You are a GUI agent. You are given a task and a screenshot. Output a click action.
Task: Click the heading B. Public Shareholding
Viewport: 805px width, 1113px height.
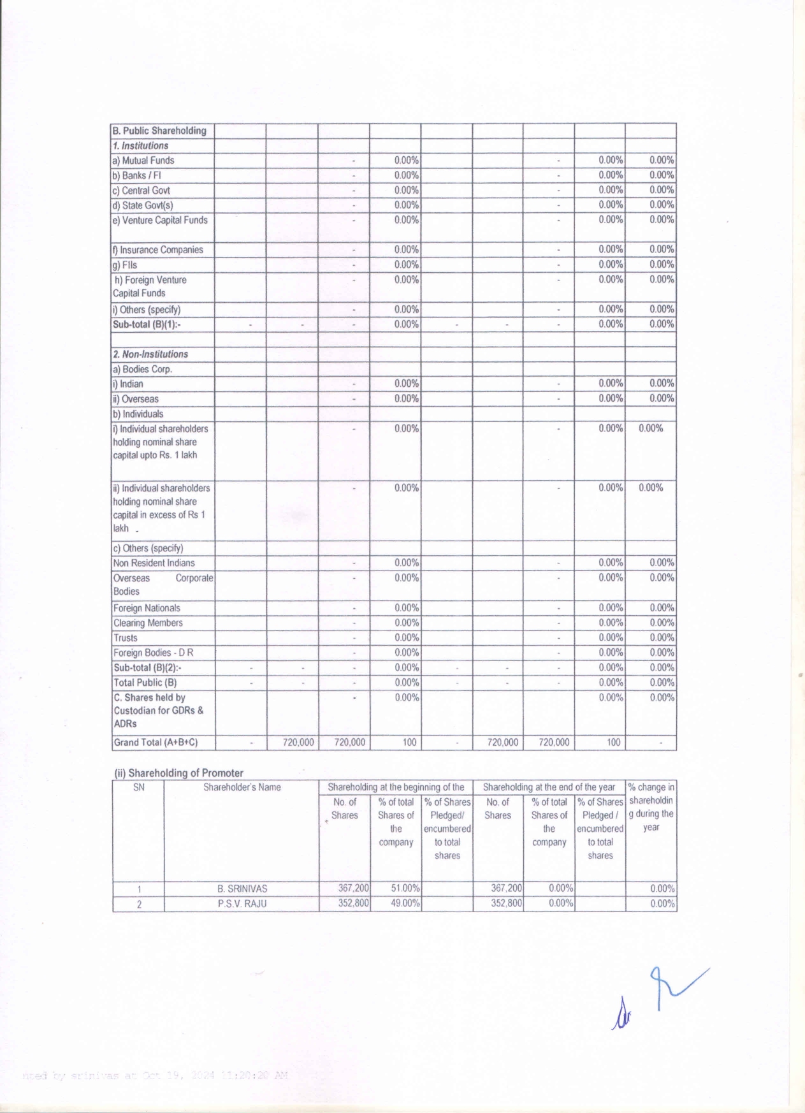(159, 131)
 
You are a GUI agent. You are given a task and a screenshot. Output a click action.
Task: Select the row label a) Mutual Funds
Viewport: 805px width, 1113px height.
(143, 161)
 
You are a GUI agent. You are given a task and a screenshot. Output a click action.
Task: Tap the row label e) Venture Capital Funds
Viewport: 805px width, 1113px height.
(160, 220)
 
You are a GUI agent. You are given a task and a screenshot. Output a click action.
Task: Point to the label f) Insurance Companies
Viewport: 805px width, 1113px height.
(157, 250)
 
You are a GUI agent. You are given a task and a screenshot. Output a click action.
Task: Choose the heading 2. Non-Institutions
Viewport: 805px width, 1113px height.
(150, 354)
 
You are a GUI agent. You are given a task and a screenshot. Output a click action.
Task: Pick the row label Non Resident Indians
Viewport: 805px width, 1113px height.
(154, 563)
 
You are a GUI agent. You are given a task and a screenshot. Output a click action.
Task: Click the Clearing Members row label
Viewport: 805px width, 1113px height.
(148, 623)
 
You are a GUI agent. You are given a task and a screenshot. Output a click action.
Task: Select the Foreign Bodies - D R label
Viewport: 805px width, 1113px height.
(153, 653)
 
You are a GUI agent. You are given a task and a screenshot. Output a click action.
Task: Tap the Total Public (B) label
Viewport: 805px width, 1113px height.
(145, 683)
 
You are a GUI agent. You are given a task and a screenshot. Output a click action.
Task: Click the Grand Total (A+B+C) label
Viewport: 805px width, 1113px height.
(156, 743)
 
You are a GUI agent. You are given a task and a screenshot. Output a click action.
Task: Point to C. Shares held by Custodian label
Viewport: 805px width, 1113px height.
(159, 710)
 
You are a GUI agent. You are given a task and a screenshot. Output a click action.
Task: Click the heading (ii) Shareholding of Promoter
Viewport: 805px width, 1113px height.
(178, 773)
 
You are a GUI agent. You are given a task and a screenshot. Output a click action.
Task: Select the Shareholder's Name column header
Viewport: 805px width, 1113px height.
(242, 787)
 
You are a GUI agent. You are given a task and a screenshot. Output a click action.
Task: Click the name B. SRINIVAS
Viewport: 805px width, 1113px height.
(242, 889)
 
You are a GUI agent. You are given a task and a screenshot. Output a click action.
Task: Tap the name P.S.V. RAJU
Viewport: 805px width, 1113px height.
(242, 904)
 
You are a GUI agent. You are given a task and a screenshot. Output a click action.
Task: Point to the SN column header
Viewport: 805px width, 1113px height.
(138, 787)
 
